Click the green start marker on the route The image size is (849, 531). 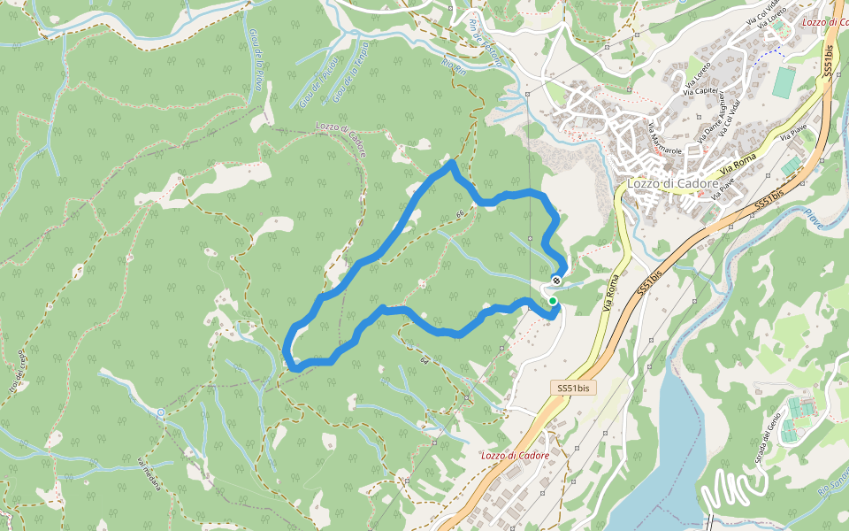553,302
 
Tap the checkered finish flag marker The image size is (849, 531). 556,281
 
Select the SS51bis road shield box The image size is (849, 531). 573,388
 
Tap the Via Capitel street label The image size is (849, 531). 700,89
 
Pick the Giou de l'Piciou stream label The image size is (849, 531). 315,88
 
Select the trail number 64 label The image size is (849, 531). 425,360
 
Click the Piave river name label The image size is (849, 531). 813,218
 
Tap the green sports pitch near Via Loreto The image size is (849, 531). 784,81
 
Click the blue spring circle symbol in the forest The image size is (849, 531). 161,412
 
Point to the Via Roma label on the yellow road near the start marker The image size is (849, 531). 611,292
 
